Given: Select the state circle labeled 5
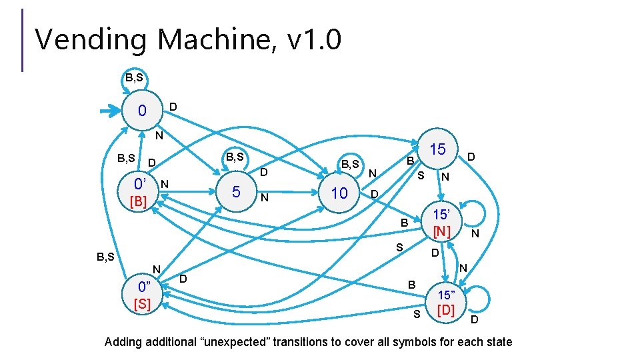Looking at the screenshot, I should click(x=236, y=192).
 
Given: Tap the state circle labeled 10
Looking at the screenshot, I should click(x=339, y=193).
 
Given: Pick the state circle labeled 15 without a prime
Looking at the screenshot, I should click(x=437, y=149).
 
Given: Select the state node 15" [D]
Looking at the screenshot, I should click(x=446, y=303).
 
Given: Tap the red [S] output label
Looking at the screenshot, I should click(x=143, y=305).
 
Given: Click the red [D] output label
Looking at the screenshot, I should click(x=446, y=310).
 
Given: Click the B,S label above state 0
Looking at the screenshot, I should click(x=133, y=78).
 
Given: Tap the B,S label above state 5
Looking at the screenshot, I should click(x=235, y=157).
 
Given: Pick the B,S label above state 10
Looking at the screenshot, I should click(x=350, y=164).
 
